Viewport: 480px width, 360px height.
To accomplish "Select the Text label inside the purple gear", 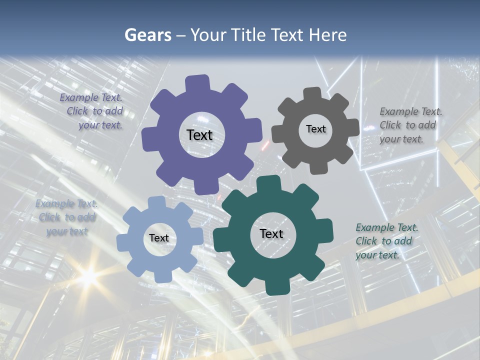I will pyautogui.click(x=199, y=135).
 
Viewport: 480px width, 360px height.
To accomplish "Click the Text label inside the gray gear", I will pyautogui.click(x=315, y=129).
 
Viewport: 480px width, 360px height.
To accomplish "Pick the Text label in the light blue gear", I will pyautogui.click(x=158, y=238).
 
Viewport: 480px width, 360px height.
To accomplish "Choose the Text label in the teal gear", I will pyautogui.click(x=271, y=233).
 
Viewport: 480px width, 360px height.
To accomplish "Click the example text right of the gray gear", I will pyautogui.click(x=410, y=125).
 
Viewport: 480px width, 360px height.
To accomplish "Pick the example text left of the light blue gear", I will pyautogui.click(x=66, y=217).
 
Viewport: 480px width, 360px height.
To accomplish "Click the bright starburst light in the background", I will pyautogui.click(x=88, y=274).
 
